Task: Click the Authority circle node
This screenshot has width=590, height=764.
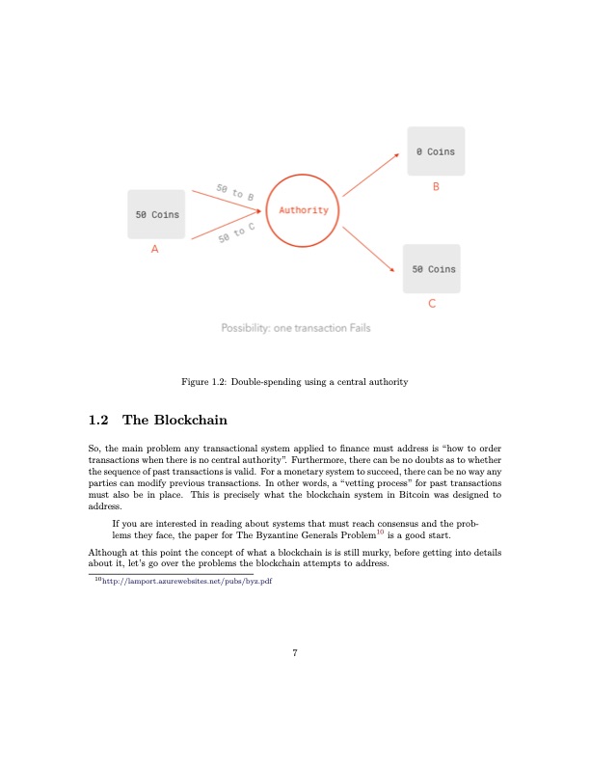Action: point(303,210)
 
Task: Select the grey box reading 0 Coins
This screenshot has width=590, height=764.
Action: point(436,151)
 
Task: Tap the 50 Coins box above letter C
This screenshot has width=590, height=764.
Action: point(434,269)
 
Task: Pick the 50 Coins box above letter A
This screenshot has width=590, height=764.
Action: point(155,214)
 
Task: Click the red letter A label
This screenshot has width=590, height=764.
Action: point(154,250)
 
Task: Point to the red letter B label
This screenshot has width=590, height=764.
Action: point(436,188)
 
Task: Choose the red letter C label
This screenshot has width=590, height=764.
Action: point(432,305)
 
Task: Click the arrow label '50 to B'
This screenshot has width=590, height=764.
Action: point(235,191)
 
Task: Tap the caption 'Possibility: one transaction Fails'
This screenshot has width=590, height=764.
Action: point(295,328)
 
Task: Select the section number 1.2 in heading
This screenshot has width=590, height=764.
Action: point(99,421)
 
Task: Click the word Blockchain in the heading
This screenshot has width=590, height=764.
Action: point(189,421)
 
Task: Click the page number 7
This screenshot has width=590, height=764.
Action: point(295,654)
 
